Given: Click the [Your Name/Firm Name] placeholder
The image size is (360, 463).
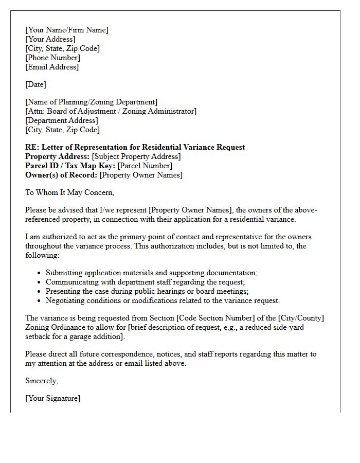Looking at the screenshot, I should click(x=67, y=30).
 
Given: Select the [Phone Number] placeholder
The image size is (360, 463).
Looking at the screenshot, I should click(x=53, y=58).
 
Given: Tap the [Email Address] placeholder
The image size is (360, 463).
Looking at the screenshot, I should click(x=52, y=67).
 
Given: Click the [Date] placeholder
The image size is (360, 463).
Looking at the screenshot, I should click(x=35, y=84).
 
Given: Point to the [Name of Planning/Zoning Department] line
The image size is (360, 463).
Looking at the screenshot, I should click(x=92, y=102).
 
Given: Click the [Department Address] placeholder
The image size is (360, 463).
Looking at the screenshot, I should click(x=62, y=120).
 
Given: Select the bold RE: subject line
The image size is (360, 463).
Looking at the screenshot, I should click(x=135, y=147).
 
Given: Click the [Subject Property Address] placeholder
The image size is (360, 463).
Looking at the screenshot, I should click(x=136, y=156).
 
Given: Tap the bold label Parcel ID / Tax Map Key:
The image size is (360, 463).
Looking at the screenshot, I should click(x=70, y=166).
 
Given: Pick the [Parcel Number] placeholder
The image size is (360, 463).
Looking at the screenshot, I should click(x=145, y=166).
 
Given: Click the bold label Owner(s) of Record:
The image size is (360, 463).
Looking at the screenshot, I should click(x=61, y=175).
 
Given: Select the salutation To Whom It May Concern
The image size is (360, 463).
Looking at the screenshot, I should click(x=69, y=192).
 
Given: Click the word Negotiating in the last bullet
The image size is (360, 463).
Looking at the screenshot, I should click(x=66, y=300).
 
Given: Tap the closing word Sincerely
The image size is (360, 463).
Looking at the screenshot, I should click(x=41, y=381).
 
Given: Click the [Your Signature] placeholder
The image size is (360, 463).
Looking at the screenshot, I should click(x=52, y=398).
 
